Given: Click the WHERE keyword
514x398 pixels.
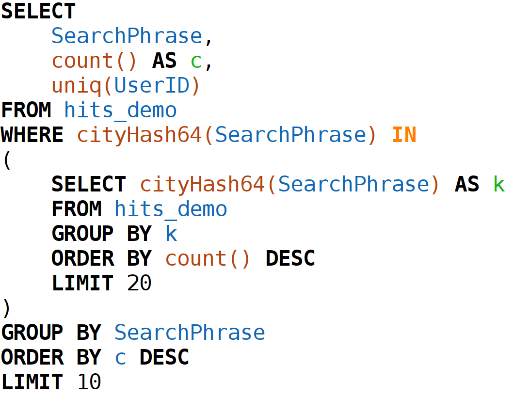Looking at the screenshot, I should (x=32, y=135).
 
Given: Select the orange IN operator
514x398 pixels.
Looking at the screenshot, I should (x=404, y=135).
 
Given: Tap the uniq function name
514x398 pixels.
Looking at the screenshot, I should (x=76, y=86).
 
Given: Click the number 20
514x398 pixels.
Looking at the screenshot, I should (x=139, y=283).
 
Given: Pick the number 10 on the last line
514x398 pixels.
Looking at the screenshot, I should (x=89, y=382).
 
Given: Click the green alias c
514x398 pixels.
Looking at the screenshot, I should (x=196, y=61).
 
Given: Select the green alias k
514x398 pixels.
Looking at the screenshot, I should (x=498, y=184).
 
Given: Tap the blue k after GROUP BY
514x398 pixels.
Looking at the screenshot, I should (x=171, y=234).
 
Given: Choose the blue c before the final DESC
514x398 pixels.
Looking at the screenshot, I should (x=120, y=357).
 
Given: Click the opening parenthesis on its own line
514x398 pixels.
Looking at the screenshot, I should (x=7, y=160).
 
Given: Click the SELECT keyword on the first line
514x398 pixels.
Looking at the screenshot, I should (x=38, y=11).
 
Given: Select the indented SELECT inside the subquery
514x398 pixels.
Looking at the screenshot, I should (x=89, y=184).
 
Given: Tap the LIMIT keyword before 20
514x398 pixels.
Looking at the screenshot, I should (x=82, y=283).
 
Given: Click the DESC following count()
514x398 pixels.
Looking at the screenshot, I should (x=290, y=258).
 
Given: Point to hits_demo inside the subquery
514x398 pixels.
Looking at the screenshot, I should (x=171, y=209).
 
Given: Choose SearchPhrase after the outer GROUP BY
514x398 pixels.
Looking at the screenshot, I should (x=190, y=333).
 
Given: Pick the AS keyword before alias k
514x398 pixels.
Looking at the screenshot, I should (x=467, y=184).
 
